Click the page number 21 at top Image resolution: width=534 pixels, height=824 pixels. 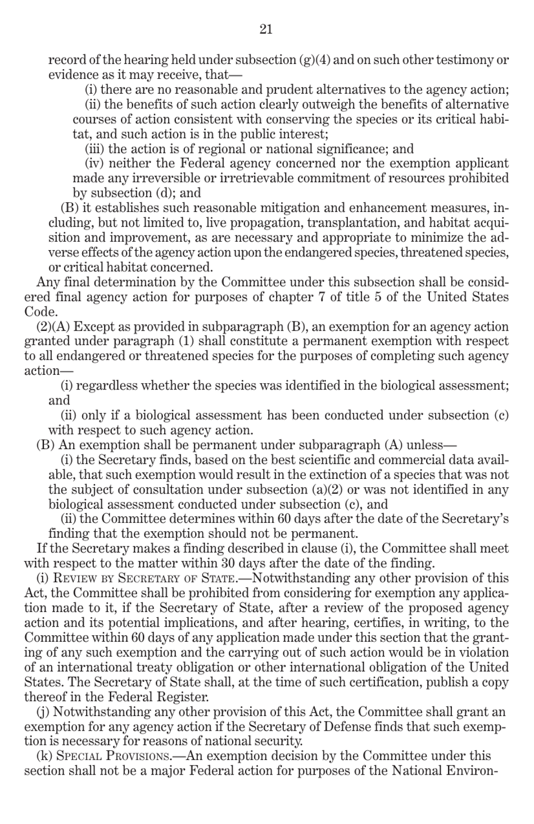tap(266, 30)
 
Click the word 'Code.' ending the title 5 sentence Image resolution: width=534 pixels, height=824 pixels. tap(40, 311)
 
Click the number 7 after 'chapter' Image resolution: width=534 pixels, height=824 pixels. tap(322, 297)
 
